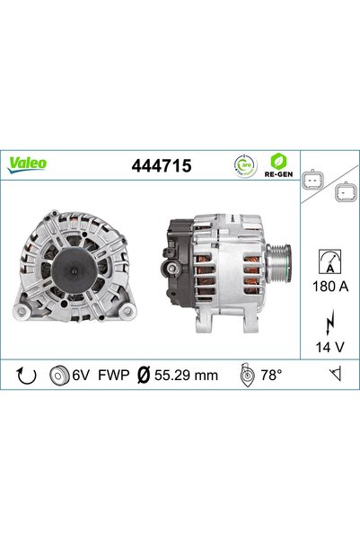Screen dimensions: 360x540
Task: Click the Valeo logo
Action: point(27,164)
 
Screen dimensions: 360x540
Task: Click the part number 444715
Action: point(162,165)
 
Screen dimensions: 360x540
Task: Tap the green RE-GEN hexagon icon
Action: point(278,161)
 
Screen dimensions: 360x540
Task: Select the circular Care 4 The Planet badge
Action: point(245,166)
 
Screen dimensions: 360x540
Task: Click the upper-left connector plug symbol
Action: point(312,180)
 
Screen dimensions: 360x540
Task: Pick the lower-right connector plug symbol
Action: point(346,192)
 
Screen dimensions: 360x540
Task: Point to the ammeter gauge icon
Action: point(329,261)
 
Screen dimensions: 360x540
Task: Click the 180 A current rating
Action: point(330,287)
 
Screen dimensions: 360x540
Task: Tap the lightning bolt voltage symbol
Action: point(330,323)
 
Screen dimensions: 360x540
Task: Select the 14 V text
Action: point(329,347)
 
